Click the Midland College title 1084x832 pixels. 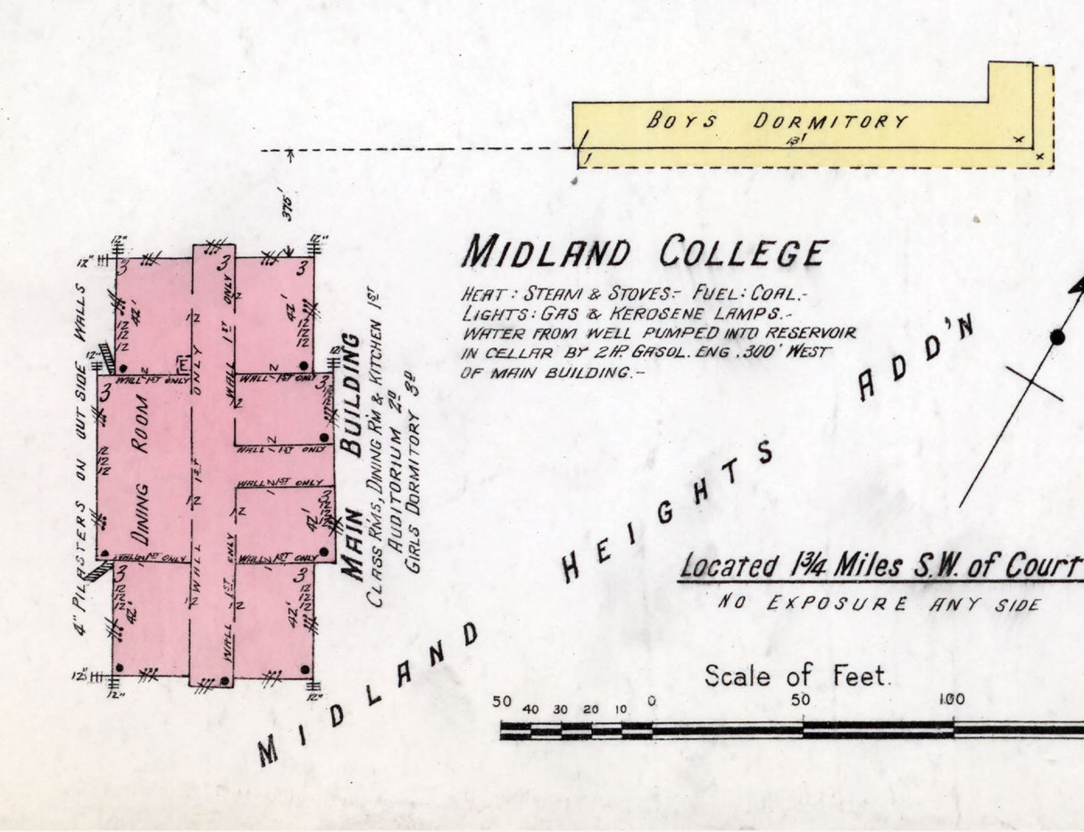click(644, 253)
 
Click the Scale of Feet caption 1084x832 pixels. click(797, 676)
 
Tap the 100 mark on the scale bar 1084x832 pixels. click(952, 699)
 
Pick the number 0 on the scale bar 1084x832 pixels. click(651, 702)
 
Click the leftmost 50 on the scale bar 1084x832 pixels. click(502, 702)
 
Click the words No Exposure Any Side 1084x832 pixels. click(879, 604)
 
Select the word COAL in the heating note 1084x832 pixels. click(779, 294)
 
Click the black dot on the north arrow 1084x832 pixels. click(1057, 337)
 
